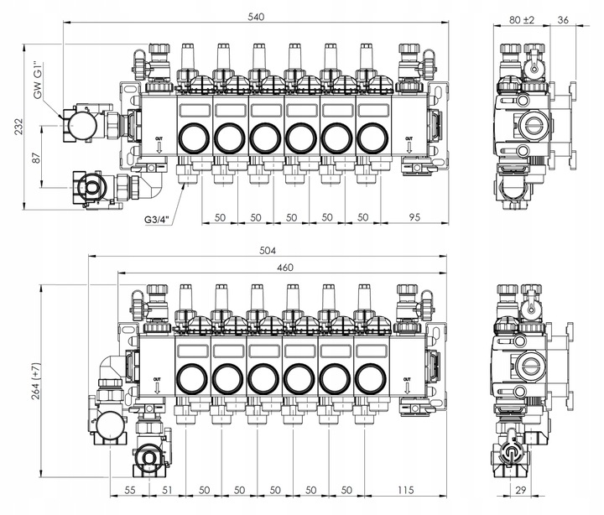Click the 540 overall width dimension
coord(256,17)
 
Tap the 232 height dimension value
coord(18,127)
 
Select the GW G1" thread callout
coord(38,81)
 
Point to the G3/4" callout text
coord(157,220)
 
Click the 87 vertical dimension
coord(36,158)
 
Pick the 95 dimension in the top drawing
coord(414,217)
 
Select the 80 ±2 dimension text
coord(522,19)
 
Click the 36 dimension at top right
coord(563,19)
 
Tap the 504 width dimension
coord(268,251)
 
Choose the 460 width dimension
coord(284,268)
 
